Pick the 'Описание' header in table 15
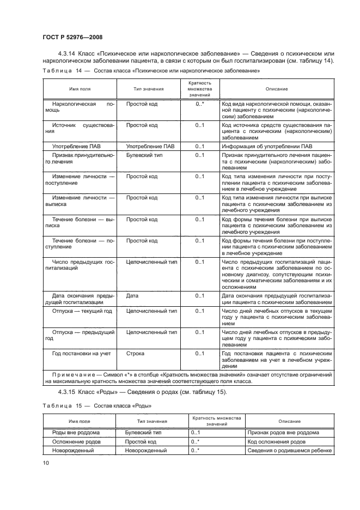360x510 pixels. (x=289, y=421)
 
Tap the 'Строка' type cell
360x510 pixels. (x=135, y=354)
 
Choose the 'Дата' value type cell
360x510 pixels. (x=132, y=296)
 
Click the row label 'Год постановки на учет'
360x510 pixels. (x=81, y=354)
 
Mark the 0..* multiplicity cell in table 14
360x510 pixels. (x=199, y=103)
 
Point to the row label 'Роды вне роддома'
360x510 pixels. (x=74, y=432)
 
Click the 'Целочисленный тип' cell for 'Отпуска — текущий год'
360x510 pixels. (x=151, y=311)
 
